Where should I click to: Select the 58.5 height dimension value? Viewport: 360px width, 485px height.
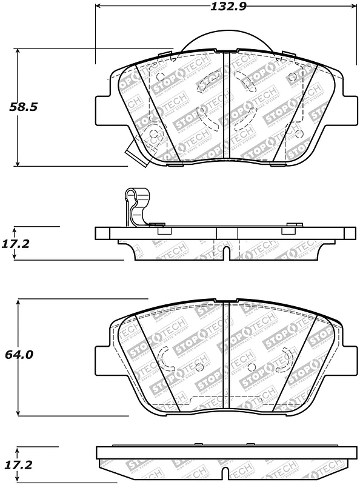(x=24, y=107)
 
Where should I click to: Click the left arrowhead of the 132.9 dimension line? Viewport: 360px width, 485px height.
(x=99, y=7)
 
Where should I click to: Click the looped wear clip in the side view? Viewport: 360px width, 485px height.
(x=134, y=206)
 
